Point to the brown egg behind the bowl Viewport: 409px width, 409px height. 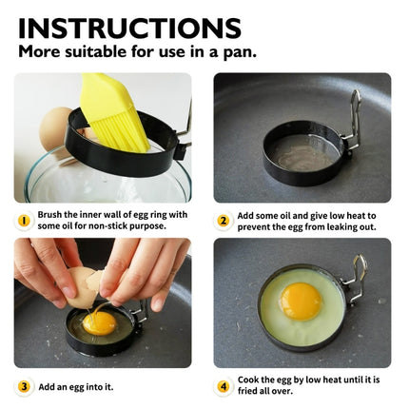point(60,124)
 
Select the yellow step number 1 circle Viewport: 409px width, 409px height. point(24,221)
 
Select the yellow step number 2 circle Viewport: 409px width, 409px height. point(224,221)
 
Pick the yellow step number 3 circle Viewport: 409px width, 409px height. point(24,386)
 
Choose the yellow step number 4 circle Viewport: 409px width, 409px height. point(224,386)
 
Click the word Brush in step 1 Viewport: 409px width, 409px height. point(53,215)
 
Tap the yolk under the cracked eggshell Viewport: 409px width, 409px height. point(98,322)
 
